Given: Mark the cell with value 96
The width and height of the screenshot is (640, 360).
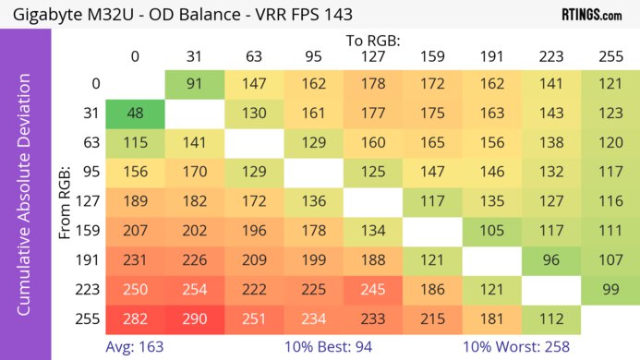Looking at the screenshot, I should click(550, 260).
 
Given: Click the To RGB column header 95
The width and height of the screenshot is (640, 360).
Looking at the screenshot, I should click(313, 56).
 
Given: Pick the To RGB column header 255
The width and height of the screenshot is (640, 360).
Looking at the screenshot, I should click(610, 56).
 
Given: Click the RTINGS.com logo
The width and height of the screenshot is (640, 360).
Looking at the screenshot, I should click(591, 15).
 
